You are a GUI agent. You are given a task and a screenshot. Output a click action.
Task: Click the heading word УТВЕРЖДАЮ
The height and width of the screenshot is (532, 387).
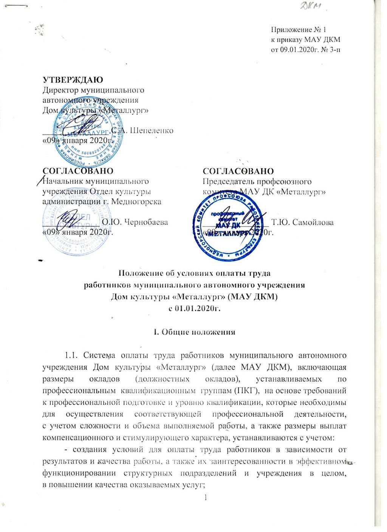pos(73,80)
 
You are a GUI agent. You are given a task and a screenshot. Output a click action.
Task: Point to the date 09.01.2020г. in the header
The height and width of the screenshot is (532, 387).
pos(299,50)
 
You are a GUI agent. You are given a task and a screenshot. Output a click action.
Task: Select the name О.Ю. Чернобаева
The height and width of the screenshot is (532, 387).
pos(135,222)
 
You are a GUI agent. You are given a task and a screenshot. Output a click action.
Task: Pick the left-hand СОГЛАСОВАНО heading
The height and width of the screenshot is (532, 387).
pos(78,172)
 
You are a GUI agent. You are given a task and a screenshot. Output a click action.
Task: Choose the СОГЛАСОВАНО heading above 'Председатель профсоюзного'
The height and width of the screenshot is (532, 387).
pos(238,172)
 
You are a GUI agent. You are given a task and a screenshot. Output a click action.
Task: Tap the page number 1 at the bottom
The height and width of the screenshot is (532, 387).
pos(205,498)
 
